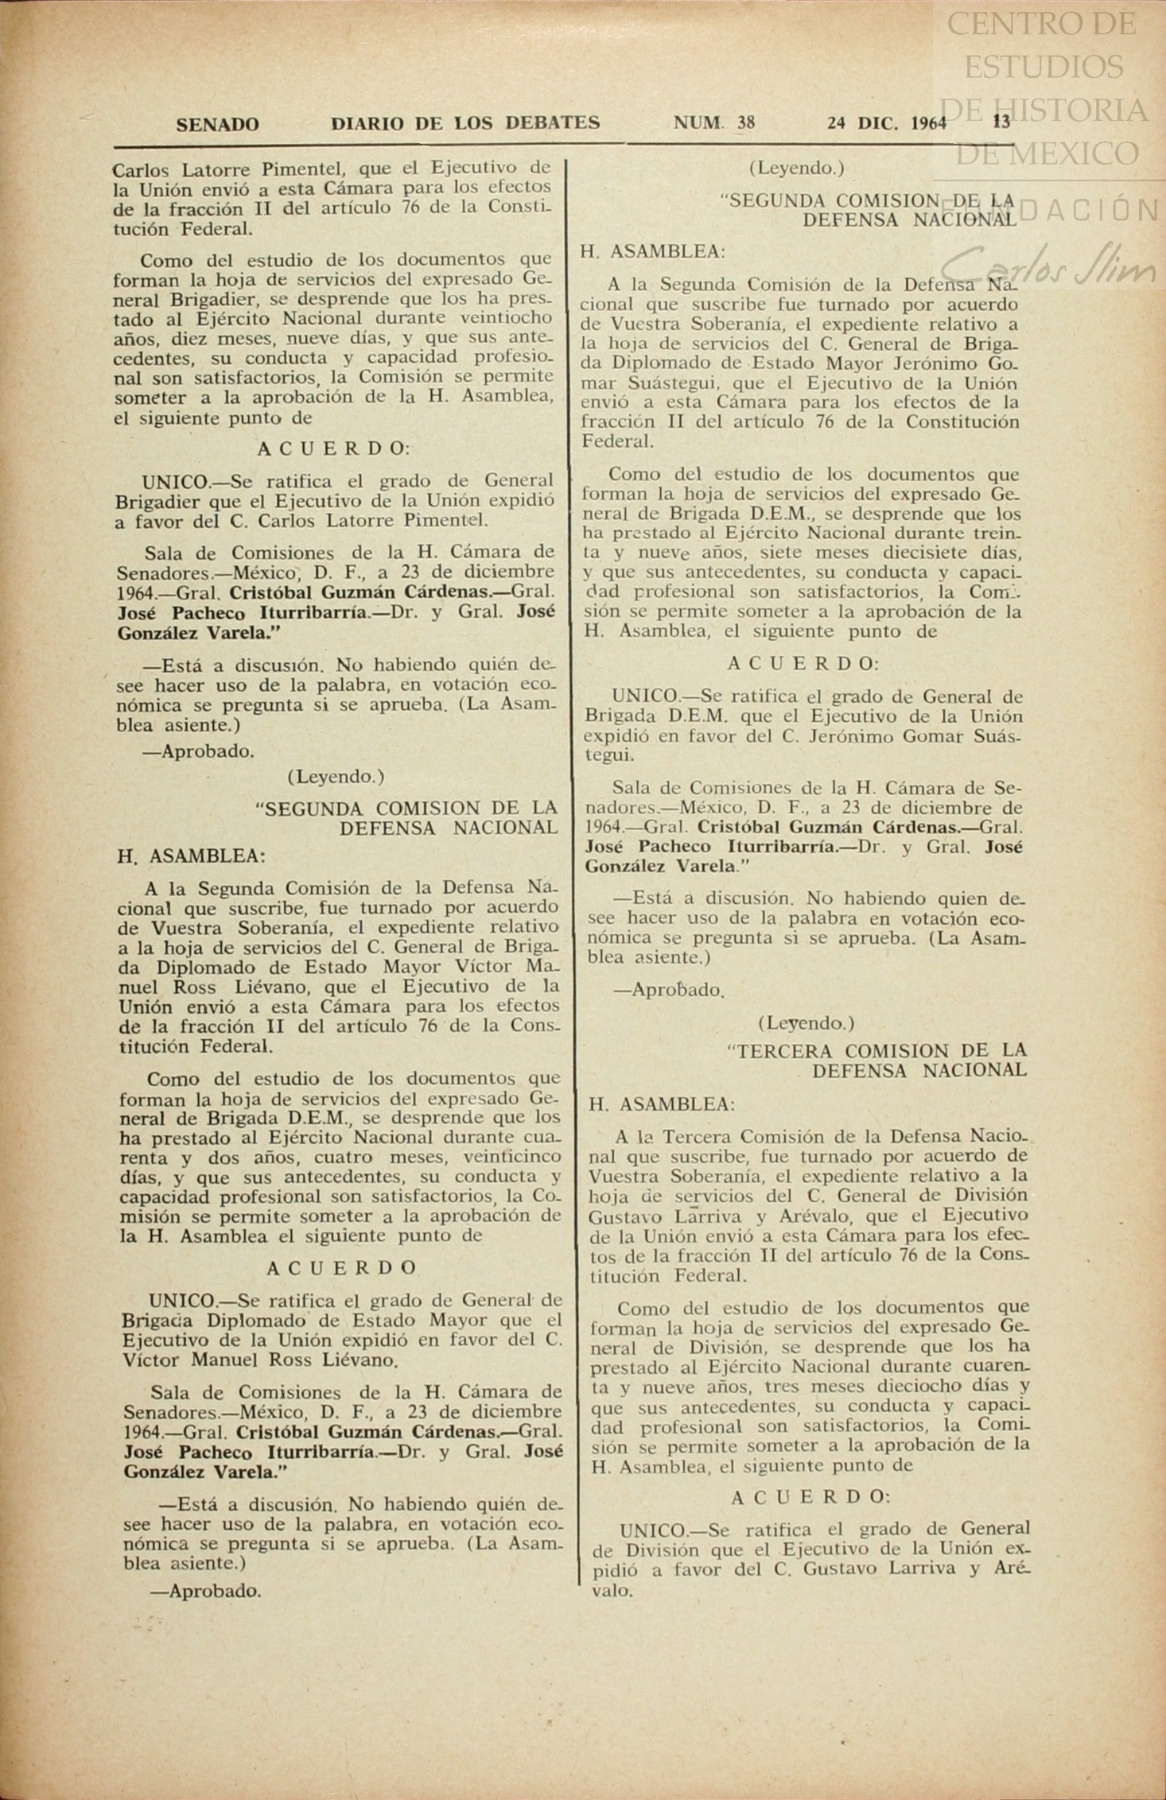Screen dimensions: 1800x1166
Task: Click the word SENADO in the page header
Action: (x=217, y=124)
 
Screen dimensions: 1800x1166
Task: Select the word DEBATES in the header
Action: (x=554, y=122)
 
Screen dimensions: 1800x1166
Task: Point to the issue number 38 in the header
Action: (x=746, y=122)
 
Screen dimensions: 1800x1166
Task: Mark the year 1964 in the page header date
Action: (x=929, y=123)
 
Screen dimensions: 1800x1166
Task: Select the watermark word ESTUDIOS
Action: (x=1044, y=67)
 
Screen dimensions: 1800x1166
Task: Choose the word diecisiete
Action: (x=902, y=552)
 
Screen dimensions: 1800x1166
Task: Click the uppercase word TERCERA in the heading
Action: (x=787, y=1050)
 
